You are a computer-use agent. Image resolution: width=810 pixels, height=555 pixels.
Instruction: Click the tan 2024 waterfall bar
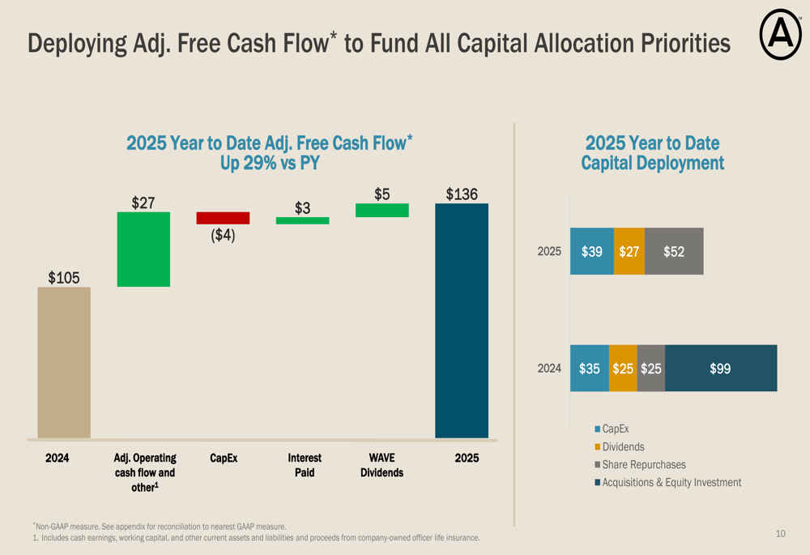point(64,362)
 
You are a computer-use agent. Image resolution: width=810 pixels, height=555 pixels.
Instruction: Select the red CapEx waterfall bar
point(223,218)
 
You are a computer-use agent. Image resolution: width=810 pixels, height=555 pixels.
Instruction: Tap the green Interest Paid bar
point(302,220)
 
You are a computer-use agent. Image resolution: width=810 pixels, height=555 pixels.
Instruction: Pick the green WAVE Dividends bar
point(382,211)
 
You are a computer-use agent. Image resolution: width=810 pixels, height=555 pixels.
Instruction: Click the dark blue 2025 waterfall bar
point(462,320)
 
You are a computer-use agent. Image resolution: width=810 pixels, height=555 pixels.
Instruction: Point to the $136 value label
point(462,194)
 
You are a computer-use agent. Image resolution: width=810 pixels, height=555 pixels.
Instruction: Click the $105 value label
point(64,278)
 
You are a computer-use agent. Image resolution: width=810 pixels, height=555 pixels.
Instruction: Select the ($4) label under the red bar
point(223,235)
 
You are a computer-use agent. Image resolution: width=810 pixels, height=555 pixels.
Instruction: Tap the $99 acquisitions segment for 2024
point(720,369)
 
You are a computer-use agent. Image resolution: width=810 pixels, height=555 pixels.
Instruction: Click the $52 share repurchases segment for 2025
point(674,251)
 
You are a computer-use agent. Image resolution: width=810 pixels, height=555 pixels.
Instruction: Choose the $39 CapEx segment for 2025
point(592,251)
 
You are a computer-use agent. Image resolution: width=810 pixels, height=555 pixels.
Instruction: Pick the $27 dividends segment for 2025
point(629,251)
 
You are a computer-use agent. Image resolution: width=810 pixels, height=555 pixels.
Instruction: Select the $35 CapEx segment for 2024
point(590,369)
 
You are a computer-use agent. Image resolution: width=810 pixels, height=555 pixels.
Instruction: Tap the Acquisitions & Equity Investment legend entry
point(671,482)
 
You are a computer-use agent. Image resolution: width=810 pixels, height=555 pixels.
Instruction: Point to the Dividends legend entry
point(623,446)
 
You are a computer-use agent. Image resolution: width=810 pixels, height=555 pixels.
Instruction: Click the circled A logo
point(780,37)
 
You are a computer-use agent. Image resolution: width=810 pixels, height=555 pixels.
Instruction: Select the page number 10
point(780,533)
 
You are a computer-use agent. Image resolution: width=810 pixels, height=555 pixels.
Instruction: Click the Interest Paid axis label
point(305,465)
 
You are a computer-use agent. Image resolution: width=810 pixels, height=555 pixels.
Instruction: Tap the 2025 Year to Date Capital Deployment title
point(652,153)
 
